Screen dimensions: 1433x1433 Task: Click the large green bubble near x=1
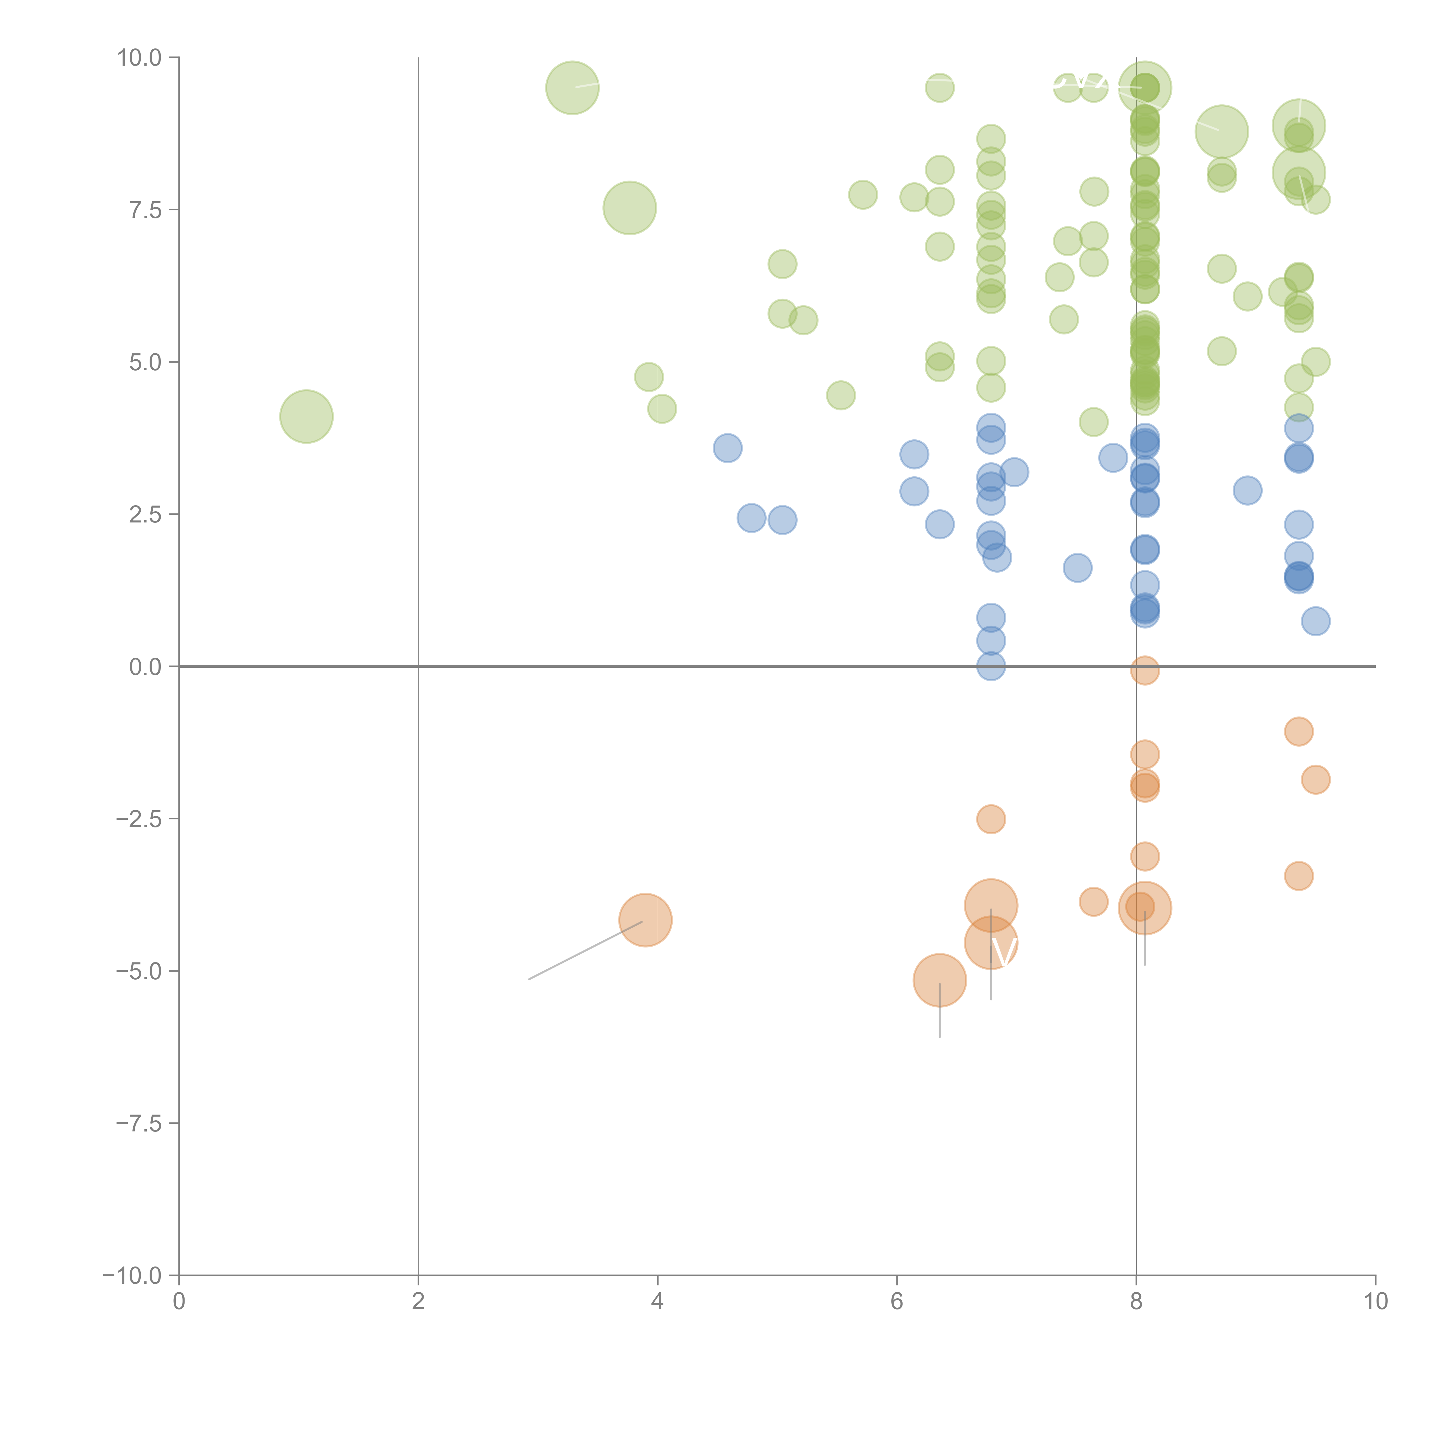tap(306, 416)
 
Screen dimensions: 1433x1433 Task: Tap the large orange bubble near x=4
tap(645, 920)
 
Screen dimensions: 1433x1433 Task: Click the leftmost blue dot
tap(728, 448)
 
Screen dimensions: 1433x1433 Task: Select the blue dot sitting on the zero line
tap(991, 666)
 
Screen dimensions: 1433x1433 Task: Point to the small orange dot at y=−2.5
tap(991, 819)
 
